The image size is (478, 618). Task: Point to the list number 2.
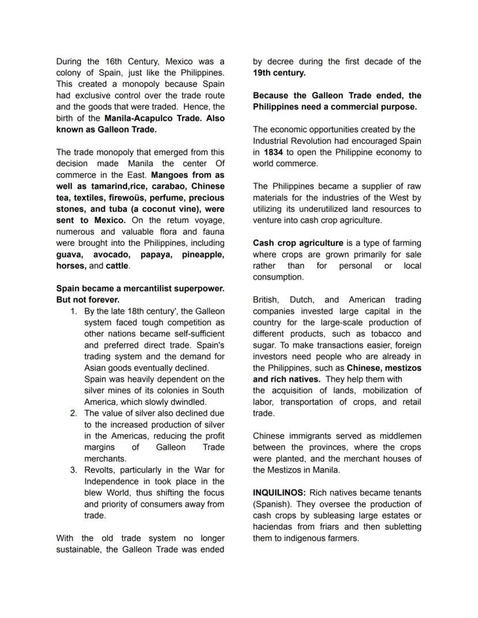(x=74, y=413)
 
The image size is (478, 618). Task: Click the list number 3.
(x=74, y=470)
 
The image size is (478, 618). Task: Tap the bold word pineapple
(x=203, y=254)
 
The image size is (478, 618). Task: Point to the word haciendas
(x=274, y=527)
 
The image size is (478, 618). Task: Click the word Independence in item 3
(x=111, y=481)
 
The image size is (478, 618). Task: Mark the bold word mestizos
(x=402, y=368)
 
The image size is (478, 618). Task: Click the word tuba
(x=118, y=209)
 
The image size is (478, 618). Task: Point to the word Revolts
(x=99, y=470)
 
